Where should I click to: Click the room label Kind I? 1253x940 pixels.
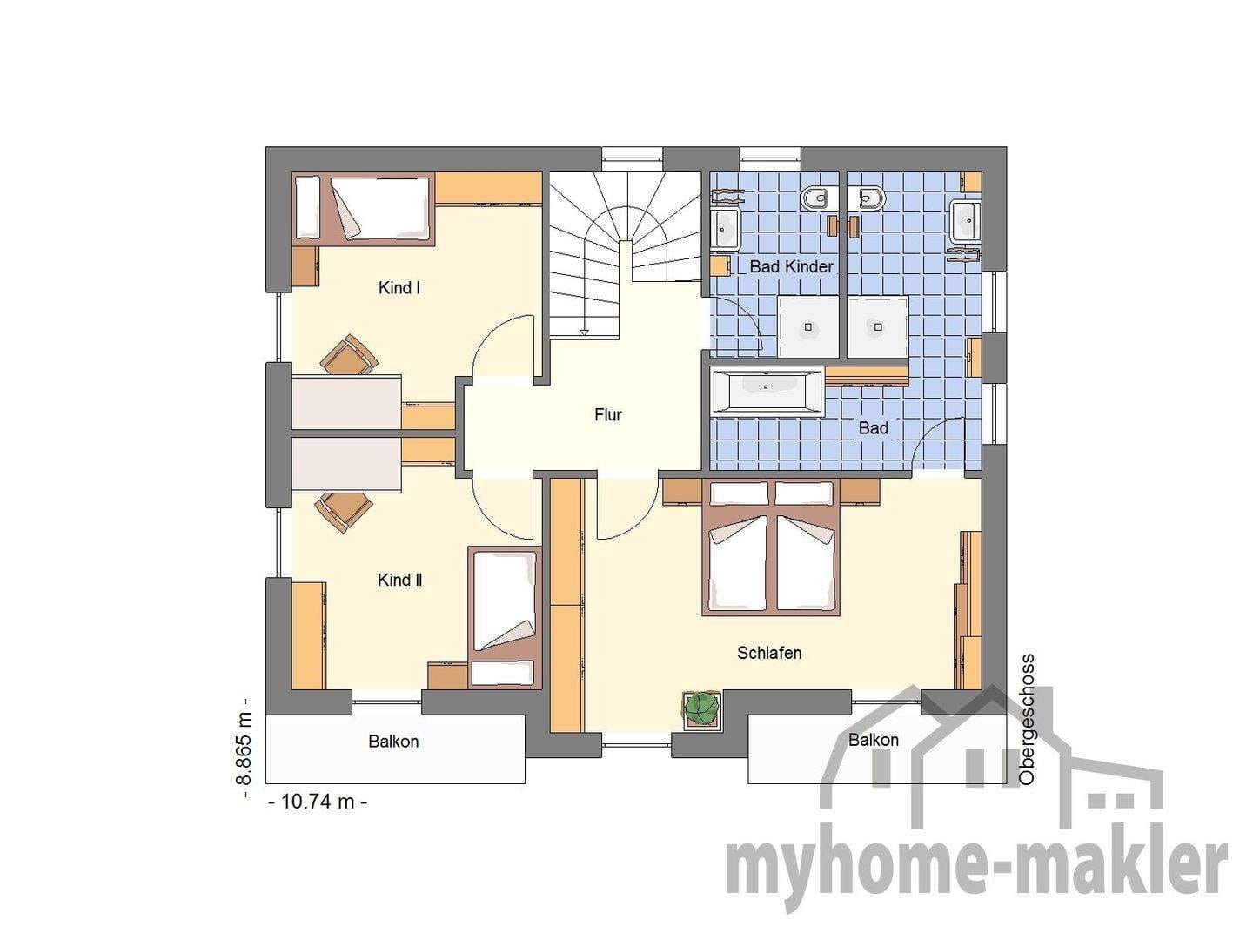(x=399, y=287)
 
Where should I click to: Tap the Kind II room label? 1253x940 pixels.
(x=399, y=581)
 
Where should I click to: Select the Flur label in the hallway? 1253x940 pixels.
(x=608, y=415)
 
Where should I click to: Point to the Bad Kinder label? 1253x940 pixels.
(x=791, y=266)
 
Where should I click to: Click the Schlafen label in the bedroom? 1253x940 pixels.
(x=769, y=653)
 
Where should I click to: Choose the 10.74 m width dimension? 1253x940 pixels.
(x=318, y=802)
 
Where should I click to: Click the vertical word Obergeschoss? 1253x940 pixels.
(x=1027, y=720)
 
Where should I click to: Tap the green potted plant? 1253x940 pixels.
(x=701, y=708)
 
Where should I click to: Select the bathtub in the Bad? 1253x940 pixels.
(x=767, y=391)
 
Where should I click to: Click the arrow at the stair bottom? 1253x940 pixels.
(x=584, y=331)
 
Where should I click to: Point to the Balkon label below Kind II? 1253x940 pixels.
(x=393, y=742)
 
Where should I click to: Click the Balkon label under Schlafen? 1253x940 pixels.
(x=874, y=740)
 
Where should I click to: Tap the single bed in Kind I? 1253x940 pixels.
(x=363, y=208)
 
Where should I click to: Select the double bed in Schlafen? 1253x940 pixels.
(x=771, y=548)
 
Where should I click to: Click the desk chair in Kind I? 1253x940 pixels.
(x=349, y=356)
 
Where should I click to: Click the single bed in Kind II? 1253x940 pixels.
(x=504, y=617)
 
